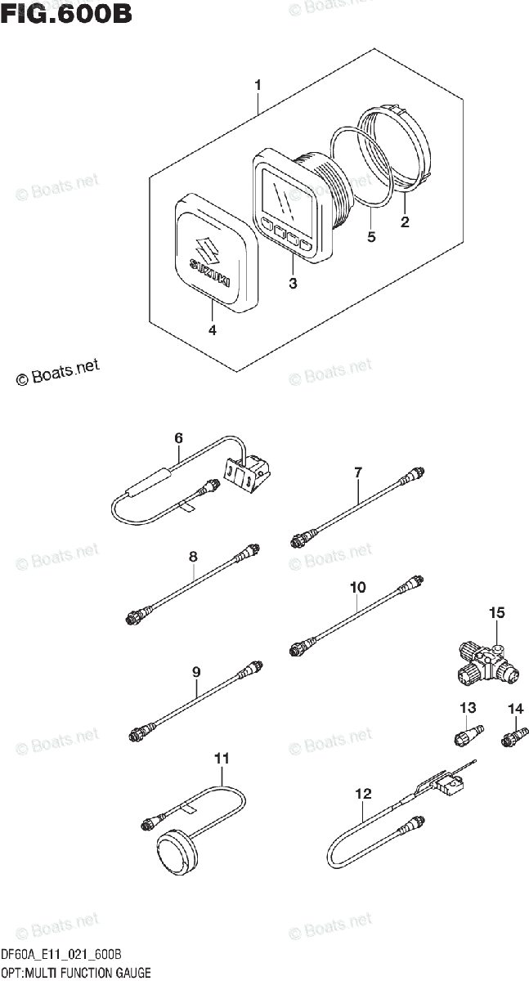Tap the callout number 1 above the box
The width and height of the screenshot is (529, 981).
tap(258, 85)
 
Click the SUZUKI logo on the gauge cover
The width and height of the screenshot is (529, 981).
tap(209, 260)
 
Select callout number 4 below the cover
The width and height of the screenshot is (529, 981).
tap(212, 330)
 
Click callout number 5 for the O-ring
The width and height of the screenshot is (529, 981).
tap(370, 238)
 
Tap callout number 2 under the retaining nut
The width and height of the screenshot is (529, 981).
tap(405, 221)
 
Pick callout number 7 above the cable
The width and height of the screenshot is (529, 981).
tap(357, 473)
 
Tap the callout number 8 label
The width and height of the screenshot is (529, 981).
tap(193, 557)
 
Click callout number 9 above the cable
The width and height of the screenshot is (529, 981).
tap(196, 672)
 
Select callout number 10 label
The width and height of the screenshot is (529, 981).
tap(357, 587)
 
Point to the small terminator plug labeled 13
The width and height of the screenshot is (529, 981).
tap(468, 732)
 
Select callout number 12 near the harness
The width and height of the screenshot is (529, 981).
tap(363, 793)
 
